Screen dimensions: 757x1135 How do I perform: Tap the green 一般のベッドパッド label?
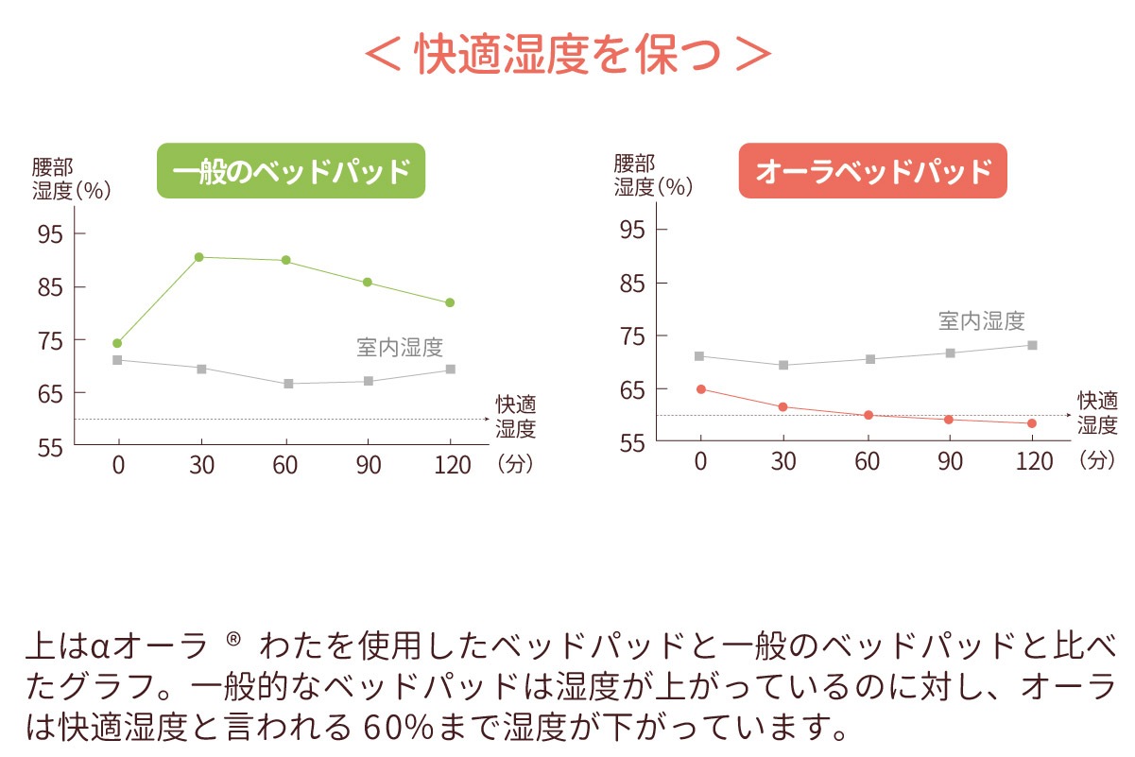291,171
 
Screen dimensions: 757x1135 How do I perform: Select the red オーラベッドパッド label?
872,171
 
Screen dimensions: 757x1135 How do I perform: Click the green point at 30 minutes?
199,257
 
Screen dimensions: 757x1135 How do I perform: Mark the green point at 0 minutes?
117,343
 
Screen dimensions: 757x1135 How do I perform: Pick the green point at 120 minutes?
450,302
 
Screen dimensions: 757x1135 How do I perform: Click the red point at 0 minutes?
700,388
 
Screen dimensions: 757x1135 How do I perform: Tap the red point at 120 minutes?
1032,423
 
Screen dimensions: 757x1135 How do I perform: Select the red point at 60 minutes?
868,415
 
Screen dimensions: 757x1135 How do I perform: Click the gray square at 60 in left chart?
288,384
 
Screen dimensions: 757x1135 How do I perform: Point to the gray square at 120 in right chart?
1032,345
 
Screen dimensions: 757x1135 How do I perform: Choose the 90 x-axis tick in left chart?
368,464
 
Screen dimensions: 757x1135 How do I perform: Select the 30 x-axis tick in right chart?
783,462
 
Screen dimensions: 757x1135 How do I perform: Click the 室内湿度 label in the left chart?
400,347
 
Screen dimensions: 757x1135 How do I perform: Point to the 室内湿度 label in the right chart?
981,321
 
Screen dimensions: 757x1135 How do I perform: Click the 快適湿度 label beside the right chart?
1097,413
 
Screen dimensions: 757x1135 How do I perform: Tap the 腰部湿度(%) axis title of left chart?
70,178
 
